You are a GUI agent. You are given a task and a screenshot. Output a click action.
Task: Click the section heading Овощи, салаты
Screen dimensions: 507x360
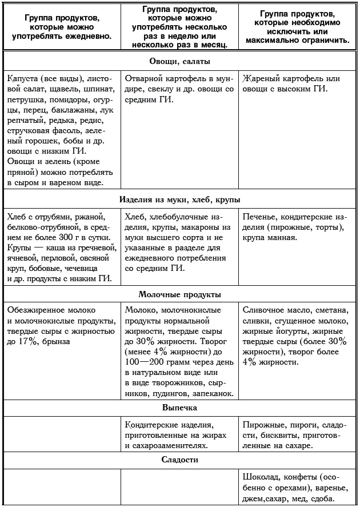point(180,61)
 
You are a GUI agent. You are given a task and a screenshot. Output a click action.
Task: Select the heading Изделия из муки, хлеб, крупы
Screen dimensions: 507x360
point(180,199)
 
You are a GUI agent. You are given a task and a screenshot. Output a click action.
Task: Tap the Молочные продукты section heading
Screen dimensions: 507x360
point(180,294)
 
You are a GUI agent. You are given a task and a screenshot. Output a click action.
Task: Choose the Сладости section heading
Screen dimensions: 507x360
point(180,460)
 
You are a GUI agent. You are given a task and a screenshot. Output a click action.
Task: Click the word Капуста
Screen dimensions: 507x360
point(26,78)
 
